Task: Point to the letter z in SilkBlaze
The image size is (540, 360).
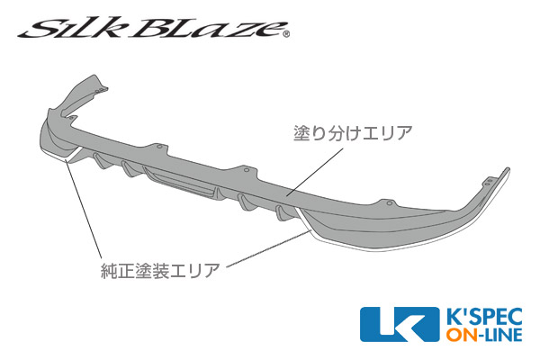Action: click(x=246, y=31)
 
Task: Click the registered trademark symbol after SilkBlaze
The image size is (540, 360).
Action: click(x=287, y=34)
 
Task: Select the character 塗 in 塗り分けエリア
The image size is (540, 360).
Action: click(x=301, y=133)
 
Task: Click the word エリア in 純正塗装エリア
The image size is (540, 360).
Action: click(x=194, y=270)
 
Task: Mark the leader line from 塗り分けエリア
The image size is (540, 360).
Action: click(x=315, y=171)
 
